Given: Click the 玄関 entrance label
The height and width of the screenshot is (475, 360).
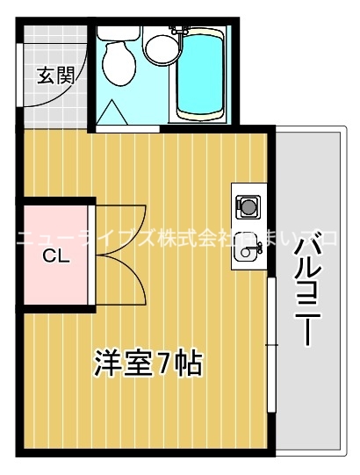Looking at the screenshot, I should coord(54,76).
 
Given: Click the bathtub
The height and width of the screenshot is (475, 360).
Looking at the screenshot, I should coord(201,75).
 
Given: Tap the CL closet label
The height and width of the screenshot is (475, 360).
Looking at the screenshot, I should coord(55,256).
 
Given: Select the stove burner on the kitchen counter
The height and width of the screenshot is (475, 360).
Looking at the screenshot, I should coord(248,208).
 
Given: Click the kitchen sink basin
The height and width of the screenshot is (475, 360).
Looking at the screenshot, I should coord(247,255).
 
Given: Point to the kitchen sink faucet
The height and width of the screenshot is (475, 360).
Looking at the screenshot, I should coord(257,251).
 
